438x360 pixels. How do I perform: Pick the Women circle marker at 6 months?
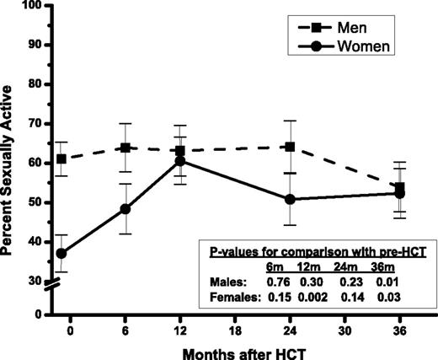[125, 208]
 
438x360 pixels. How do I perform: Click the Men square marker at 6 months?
[125, 148]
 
